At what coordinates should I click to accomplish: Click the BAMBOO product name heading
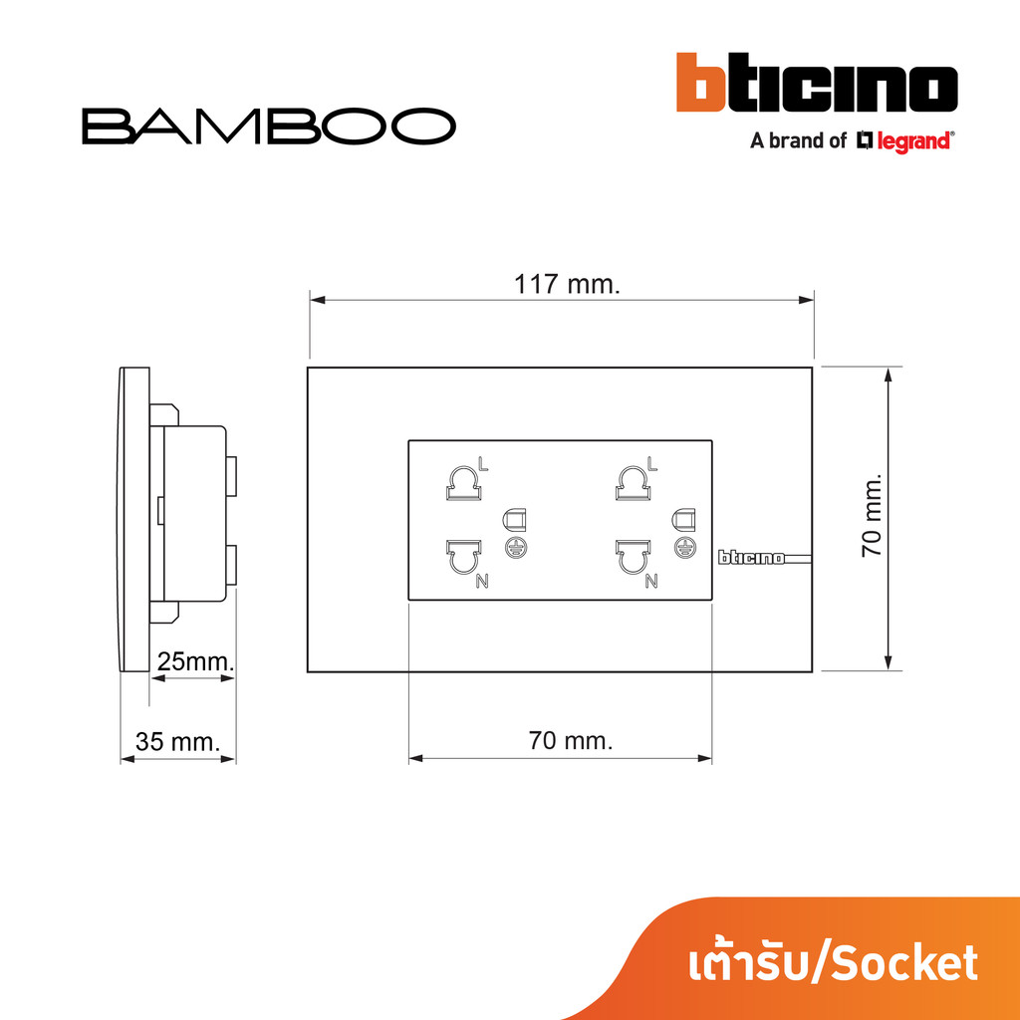pyautogui.click(x=269, y=127)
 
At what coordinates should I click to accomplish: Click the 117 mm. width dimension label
pyautogui.click(x=567, y=284)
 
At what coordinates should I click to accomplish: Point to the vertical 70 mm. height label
pyautogui.click(x=872, y=515)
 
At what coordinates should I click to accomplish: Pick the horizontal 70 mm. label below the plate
pyautogui.click(x=571, y=740)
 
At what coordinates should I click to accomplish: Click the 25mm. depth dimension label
pyautogui.click(x=196, y=661)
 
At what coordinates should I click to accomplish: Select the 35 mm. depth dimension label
pyautogui.click(x=178, y=741)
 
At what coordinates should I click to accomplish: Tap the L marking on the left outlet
pyautogui.click(x=483, y=464)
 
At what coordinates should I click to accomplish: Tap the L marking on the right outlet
pyautogui.click(x=652, y=464)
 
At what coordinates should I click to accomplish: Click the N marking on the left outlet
pyautogui.click(x=482, y=582)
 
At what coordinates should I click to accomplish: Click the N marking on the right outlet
pyautogui.click(x=651, y=582)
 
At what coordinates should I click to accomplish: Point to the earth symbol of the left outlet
pyautogui.click(x=512, y=547)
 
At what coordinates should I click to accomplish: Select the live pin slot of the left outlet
pyautogui.click(x=462, y=484)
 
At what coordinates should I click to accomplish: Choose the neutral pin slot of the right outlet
pyautogui.click(x=632, y=556)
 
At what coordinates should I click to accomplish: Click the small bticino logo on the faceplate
pyautogui.click(x=751, y=558)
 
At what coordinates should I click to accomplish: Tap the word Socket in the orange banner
pyautogui.click(x=905, y=964)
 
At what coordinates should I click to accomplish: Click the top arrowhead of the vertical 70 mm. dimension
pyautogui.click(x=889, y=375)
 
